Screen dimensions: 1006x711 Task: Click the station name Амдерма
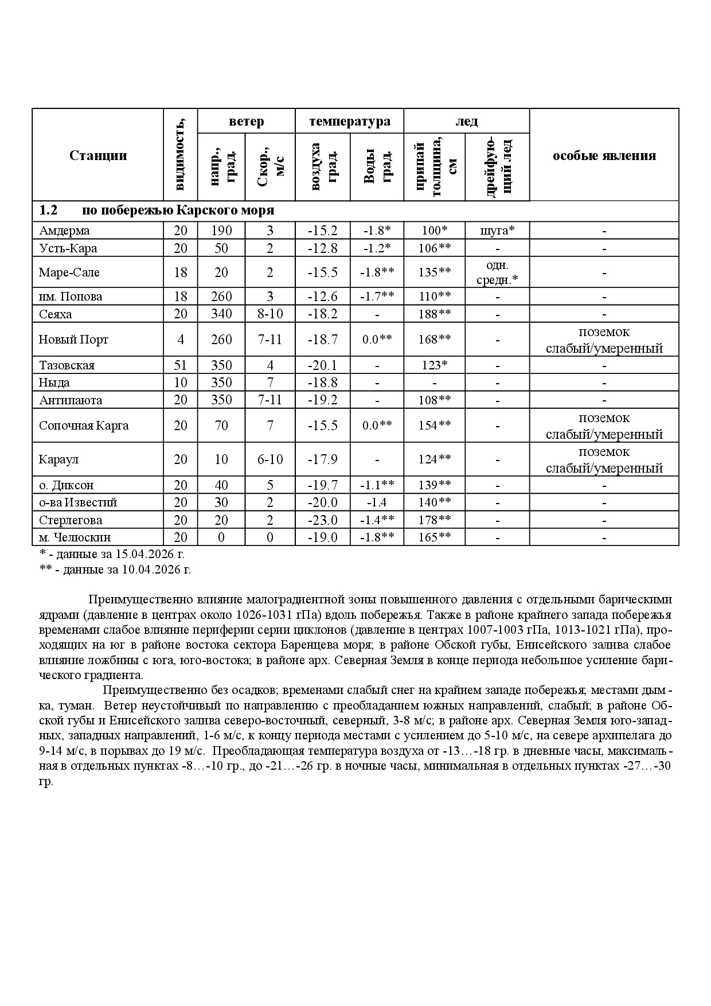point(64,231)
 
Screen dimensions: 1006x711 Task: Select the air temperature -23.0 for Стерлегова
point(322,520)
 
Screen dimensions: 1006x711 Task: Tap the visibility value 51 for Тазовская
point(181,365)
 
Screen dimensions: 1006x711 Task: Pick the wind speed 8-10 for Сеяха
point(269,314)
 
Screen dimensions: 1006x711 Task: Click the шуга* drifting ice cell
point(497,231)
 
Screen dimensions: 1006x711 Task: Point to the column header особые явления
point(604,155)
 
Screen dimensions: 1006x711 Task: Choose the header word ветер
point(247,122)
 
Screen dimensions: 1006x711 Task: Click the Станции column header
point(98,155)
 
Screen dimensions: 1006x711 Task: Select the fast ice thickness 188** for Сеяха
point(434,314)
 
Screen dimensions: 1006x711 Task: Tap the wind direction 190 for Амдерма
point(221,231)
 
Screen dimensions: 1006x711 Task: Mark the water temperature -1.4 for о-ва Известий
point(377,502)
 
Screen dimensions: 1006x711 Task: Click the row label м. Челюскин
point(75,537)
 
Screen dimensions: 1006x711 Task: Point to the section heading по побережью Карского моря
point(178,210)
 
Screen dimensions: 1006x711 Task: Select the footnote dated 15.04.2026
point(112,555)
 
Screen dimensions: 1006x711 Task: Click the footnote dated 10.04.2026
point(115,570)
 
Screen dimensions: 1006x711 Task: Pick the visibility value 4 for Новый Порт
point(181,340)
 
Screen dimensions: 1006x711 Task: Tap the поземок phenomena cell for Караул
point(604,460)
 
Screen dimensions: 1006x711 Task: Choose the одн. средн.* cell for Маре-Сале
point(497,272)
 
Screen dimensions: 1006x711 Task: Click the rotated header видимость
point(181,154)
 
